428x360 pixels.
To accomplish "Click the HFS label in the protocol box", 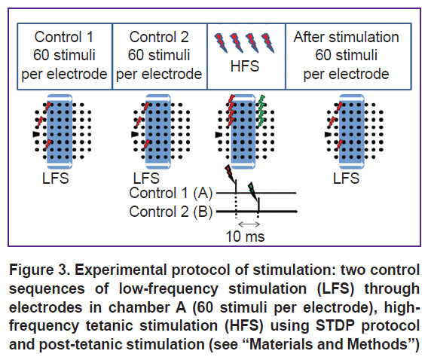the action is tap(245, 66).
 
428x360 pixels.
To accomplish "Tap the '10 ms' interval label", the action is tap(245, 236).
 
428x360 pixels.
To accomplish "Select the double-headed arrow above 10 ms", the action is tap(249, 224).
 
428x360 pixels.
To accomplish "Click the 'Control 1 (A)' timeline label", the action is tap(171, 193).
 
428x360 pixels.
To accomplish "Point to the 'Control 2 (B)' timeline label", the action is tap(171, 212).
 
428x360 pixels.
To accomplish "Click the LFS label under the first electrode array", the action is tap(56, 178).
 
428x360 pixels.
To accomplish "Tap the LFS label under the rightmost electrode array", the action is tap(346, 178).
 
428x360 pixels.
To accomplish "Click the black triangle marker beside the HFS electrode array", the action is tap(219, 135).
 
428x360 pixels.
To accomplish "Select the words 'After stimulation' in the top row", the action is tap(346, 37).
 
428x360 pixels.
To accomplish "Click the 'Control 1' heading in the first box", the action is tap(64, 37).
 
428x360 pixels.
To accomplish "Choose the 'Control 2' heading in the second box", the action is tap(159, 37).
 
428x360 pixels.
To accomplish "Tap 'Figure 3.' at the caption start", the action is tap(40, 270).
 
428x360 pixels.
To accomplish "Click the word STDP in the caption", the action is tap(335, 325).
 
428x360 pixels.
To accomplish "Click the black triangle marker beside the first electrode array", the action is tap(35, 134).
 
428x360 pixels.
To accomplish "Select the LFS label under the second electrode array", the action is tap(146, 178).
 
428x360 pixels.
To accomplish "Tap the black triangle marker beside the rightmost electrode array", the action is tap(328, 134).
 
